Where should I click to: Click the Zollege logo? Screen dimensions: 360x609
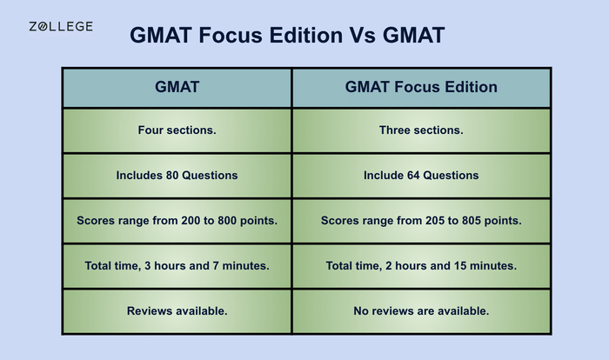point(61,27)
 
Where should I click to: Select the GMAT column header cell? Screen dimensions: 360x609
point(177,87)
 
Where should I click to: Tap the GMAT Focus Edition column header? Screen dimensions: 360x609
point(421,87)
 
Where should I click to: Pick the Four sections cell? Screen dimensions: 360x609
point(177,130)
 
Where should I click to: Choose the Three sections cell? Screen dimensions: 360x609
point(421,130)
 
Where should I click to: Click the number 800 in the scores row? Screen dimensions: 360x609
point(226,221)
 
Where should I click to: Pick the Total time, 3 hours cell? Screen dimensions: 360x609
point(177,266)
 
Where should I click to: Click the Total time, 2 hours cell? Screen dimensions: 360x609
point(421,266)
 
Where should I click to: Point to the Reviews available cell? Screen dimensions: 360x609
point(177,310)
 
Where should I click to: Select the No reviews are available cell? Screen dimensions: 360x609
point(421,310)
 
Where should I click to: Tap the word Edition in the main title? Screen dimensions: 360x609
point(295,36)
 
